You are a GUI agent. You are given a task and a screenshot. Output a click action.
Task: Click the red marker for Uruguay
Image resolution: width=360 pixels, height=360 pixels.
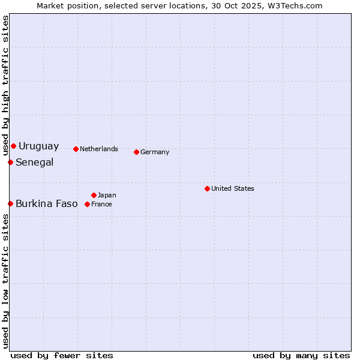tap(13, 146)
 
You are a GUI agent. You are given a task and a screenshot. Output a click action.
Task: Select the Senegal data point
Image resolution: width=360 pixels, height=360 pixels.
tap(10, 162)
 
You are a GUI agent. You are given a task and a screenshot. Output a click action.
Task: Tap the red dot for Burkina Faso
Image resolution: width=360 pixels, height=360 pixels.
tap(10, 203)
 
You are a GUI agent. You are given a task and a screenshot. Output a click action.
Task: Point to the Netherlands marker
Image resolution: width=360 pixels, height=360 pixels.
tap(76, 149)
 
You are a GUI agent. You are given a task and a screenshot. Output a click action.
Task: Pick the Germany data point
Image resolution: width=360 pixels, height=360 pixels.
tap(136, 152)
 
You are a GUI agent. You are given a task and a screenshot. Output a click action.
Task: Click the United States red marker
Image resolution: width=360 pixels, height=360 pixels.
tap(207, 188)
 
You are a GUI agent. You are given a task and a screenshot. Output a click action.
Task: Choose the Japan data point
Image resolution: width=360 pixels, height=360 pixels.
tap(94, 195)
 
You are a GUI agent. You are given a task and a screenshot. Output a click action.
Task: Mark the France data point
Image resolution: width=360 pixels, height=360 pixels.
tap(87, 204)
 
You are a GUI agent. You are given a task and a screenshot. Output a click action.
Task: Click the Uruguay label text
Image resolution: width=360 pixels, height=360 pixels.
tap(38, 146)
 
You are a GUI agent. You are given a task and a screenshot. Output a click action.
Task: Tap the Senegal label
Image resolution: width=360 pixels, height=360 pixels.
tap(34, 163)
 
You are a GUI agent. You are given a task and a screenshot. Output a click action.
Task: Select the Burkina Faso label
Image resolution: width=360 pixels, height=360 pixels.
tap(46, 204)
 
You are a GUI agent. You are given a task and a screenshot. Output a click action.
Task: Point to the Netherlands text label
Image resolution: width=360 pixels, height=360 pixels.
tap(98, 149)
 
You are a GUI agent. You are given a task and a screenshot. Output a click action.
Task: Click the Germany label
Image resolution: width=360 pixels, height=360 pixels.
tap(155, 152)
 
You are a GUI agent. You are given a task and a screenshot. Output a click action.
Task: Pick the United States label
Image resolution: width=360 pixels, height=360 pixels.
tap(232, 188)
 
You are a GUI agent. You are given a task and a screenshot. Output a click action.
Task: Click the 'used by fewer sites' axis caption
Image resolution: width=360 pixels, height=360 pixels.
tap(62, 355)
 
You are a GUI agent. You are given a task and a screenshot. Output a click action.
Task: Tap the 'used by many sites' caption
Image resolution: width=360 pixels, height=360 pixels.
tap(301, 355)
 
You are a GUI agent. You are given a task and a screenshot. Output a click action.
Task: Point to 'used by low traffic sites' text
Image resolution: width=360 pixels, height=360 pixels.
tap(5, 281)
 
